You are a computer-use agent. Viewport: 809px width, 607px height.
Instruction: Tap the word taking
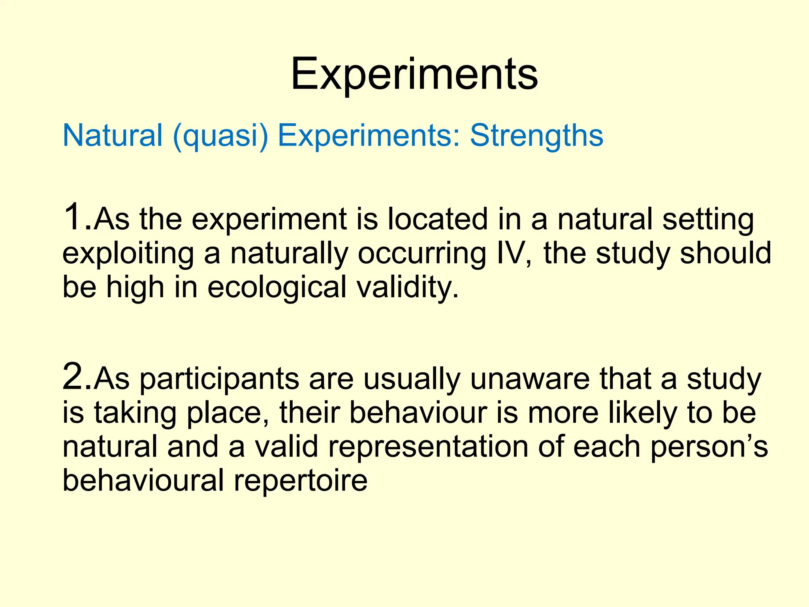135,414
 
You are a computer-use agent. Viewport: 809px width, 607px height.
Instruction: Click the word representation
428,447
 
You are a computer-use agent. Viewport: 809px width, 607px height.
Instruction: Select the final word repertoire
301,481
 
